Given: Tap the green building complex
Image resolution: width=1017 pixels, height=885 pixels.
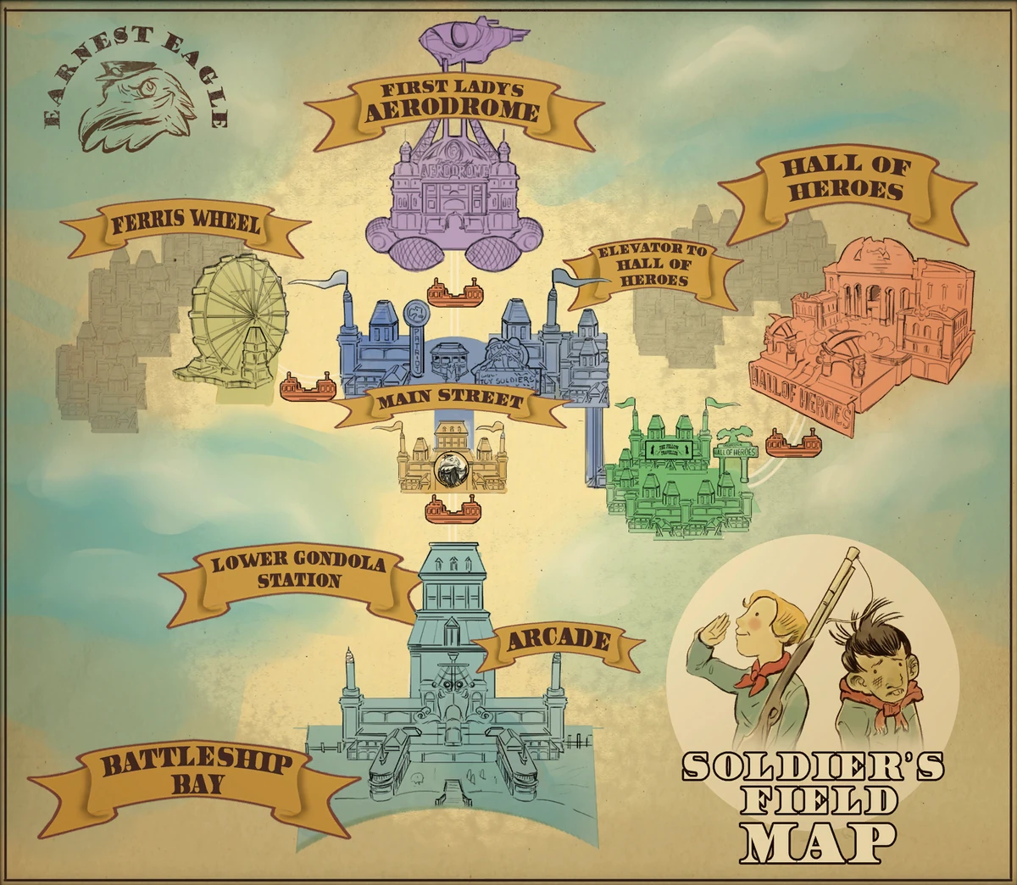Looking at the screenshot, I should coord(678,475).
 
